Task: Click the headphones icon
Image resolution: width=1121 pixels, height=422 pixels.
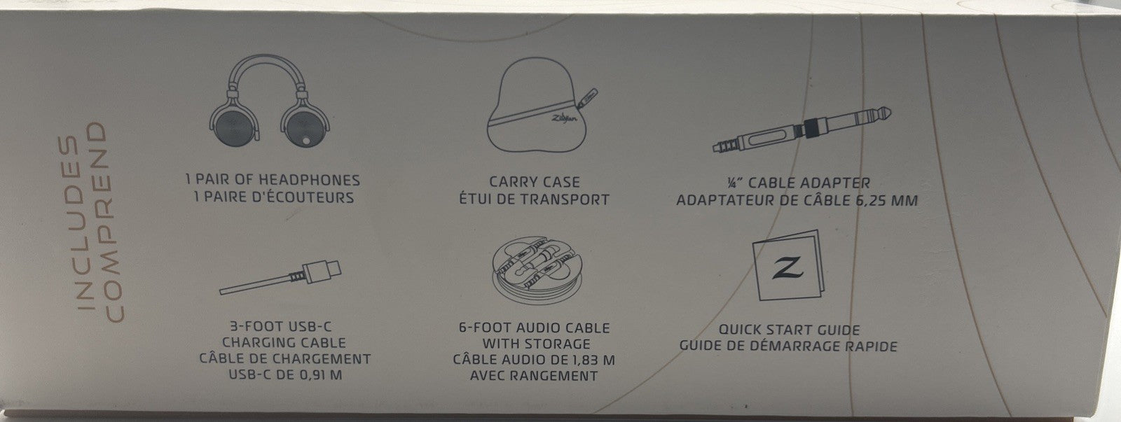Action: [269, 102]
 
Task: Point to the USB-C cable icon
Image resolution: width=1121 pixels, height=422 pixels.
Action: [280, 278]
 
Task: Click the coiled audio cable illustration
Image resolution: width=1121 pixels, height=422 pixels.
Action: [537, 271]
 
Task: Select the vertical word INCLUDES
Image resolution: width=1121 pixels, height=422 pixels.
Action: [70, 223]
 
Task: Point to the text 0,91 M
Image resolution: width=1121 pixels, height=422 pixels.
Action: [318, 374]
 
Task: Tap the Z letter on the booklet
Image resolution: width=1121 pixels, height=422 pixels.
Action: [788, 268]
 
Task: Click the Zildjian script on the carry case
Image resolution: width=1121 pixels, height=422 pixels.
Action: [564, 118]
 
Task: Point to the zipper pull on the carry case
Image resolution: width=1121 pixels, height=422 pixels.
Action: [588, 99]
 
